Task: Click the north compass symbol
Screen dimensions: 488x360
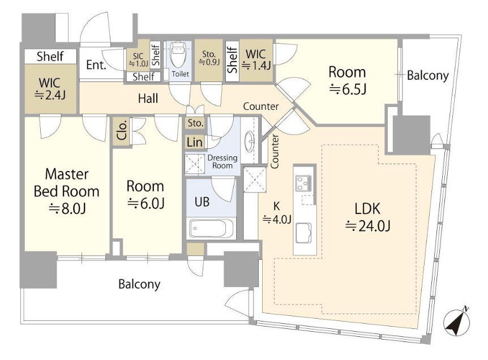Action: (457, 322)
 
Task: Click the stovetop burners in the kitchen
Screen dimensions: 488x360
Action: (304, 183)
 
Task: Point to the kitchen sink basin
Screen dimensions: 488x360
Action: (303, 233)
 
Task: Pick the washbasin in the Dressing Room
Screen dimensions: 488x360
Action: (249, 142)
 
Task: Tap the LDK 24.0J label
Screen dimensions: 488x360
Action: (367, 217)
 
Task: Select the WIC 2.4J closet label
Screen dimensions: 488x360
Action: (50, 89)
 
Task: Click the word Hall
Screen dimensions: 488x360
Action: (148, 98)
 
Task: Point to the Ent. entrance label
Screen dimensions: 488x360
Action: (96, 65)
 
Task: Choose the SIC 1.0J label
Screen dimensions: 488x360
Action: (138, 60)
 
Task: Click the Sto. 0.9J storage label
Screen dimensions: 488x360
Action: (209, 58)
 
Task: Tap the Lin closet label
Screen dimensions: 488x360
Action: (195, 142)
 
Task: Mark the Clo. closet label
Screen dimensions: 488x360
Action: (122, 130)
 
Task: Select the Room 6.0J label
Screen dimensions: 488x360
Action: (145, 195)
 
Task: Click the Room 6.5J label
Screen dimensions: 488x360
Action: (347, 80)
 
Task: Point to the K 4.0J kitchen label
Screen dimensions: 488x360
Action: (277, 213)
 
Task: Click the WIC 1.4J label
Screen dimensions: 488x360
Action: (256, 60)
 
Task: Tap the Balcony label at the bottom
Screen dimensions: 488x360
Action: (139, 284)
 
